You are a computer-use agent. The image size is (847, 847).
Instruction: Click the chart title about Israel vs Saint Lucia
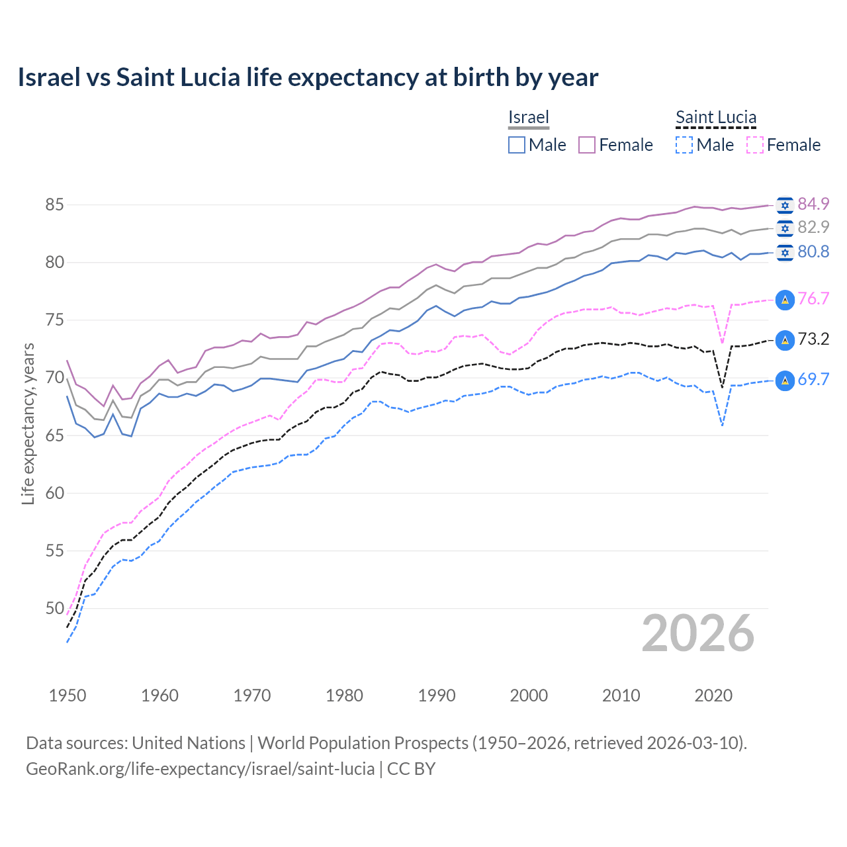click(x=308, y=77)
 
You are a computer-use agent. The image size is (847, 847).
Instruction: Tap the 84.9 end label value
click(x=813, y=204)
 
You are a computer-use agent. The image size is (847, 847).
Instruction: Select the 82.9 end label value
click(x=813, y=227)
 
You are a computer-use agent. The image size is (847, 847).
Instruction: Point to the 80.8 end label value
click(x=813, y=251)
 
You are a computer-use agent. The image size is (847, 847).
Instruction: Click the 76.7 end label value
click(x=813, y=298)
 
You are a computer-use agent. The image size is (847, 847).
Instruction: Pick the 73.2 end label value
click(x=813, y=339)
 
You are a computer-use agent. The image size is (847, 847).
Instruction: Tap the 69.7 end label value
click(x=813, y=379)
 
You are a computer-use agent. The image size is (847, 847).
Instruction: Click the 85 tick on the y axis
click(x=54, y=205)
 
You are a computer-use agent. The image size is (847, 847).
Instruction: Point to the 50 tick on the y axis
click(x=54, y=608)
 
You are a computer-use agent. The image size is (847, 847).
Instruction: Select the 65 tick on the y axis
click(x=54, y=435)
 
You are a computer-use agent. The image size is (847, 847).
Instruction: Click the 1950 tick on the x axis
click(x=67, y=695)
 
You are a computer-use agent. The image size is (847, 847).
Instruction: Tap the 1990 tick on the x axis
click(x=437, y=695)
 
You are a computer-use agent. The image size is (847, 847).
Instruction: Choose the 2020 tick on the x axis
click(x=713, y=695)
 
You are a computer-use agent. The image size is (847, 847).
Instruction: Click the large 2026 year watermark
click(x=697, y=633)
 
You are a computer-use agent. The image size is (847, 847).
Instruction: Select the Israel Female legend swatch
click(x=587, y=145)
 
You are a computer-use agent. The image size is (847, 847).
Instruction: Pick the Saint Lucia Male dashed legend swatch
click(x=684, y=145)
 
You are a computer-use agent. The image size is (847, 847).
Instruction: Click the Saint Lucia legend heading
click(x=715, y=117)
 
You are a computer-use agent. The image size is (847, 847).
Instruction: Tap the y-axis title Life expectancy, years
click(x=28, y=423)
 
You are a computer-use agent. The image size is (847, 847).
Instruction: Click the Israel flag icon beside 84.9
click(x=785, y=205)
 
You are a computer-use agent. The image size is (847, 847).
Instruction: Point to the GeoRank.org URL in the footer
click(x=200, y=769)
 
